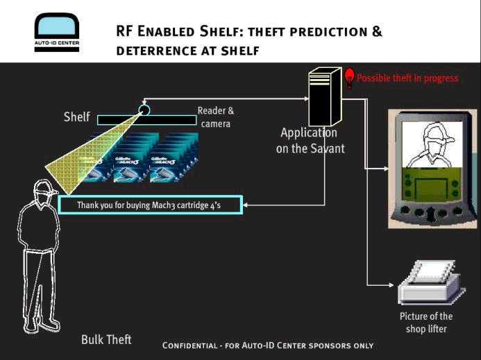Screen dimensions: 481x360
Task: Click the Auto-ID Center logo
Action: (x=57, y=32)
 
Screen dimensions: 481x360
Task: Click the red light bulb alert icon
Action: (x=349, y=78)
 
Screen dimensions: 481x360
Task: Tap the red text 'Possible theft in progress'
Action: (x=407, y=78)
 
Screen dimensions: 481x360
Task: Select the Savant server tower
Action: (x=325, y=97)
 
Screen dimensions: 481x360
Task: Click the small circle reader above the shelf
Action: (x=144, y=110)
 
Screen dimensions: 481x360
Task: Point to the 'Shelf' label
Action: (x=76, y=117)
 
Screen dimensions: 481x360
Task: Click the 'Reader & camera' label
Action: (x=216, y=117)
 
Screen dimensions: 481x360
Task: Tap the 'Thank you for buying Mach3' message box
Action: (x=151, y=205)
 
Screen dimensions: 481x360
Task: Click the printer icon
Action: (x=431, y=282)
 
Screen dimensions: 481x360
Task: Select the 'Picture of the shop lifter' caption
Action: (x=426, y=323)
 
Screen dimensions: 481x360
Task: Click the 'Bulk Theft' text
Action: (x=106, y=339)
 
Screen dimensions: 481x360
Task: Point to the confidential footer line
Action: (x=267, y=345)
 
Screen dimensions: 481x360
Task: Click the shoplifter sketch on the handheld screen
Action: (x=432, y=144)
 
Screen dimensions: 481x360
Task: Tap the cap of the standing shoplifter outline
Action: (x=46, y=187)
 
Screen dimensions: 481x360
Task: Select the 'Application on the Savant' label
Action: (x=310, y=140)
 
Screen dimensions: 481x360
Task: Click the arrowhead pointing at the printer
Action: (x=391, y=285)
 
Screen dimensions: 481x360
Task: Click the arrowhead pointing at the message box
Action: (x=246, y=205)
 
